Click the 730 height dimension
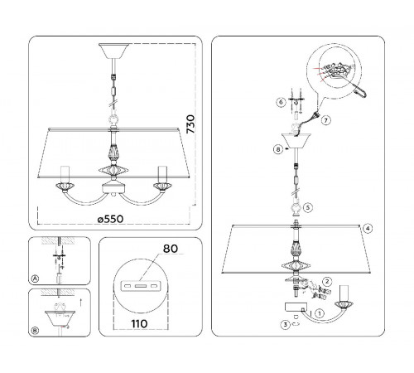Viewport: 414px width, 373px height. pos(190,124)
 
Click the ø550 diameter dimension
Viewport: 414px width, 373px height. pos(110,219)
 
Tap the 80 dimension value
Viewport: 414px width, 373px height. pos(171,249)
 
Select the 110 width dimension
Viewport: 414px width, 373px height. pos(139,323)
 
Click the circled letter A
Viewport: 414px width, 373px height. pos(35,279)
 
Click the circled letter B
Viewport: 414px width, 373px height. pos(35,331)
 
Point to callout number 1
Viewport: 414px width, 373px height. pos(320,313)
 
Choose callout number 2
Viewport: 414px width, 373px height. pos(327,282)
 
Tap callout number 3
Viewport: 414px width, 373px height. pos(286,324)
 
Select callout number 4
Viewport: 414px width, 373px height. pos(368,229)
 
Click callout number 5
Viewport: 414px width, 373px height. pos(308,207)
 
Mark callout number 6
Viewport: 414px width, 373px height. pos(281,102)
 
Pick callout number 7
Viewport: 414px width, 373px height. pos(326,120)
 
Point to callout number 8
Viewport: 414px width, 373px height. pos(278,149)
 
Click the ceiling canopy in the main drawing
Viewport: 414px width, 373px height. pos(114,51)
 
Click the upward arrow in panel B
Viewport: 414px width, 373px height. pos(80,302)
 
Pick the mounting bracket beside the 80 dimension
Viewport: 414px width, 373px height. pos(141,285)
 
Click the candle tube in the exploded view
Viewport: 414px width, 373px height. pos(344,293)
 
